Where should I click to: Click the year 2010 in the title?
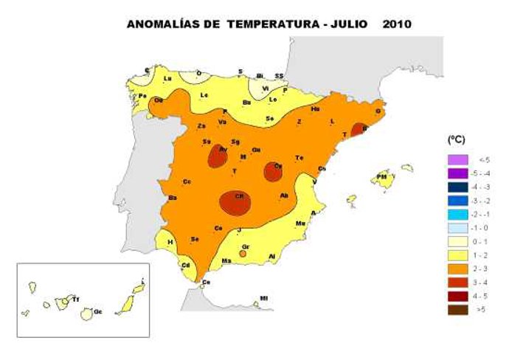[x=397, y=24]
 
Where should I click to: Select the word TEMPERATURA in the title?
[x=271, y=24]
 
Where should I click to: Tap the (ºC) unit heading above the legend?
[x=457, y=139]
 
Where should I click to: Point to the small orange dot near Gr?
[x=243, y=254]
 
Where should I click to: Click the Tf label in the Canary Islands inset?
[x=75, y=300]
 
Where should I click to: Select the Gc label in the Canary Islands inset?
[x=97, y=312]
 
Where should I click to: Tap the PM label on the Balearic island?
[x=382, y=177]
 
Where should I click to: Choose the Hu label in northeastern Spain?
[x=315, y=108]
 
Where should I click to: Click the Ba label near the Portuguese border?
[x=172, y=198]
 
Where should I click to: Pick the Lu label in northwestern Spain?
[x=167, y=78]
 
